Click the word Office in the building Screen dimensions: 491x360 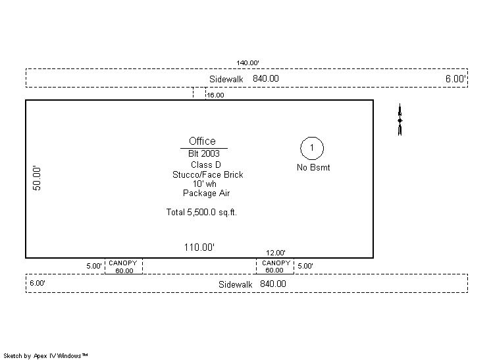(x=202, y=141)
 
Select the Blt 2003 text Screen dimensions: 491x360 (x=204, y=153)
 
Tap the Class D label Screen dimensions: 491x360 (x=206, y=165)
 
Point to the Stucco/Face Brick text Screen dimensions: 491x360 (x=207, y=174)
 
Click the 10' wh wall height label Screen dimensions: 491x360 (x=205, y=184)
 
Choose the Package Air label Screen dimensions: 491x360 (x=207, y=193)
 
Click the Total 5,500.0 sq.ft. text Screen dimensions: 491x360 (x=201, y=212)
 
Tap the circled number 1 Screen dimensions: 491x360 (x=312, y=148)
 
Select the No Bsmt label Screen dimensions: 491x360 (x=313, y=167)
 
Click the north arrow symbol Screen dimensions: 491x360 (x=400, y=120)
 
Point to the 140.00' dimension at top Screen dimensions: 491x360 (x=247, y=63)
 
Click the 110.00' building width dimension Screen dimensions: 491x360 (x=199, y=247)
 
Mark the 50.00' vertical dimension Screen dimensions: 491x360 (x=37, y=178)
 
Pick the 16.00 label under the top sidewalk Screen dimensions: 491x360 (x=215, y=95)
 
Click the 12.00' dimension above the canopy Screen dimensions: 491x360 (x=276, y=253)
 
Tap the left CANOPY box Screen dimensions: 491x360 (x=123, y=267)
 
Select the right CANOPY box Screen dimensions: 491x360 (x=275, y=267)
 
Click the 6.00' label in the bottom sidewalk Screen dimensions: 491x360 (x=38, y=283)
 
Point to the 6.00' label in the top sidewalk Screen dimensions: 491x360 (x=455, y=78)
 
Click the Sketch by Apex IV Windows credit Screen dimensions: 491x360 (x=45, y=356)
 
